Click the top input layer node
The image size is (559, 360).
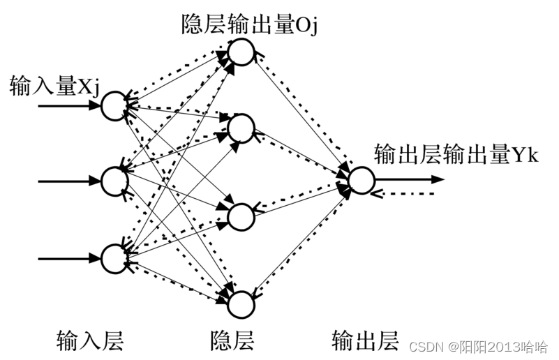click(114, 105)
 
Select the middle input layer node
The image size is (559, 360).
click(114, 181)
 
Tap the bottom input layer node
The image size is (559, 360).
click(114, 257)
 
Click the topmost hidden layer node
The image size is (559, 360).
click(241, 52)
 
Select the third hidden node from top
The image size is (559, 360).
click(241, 216)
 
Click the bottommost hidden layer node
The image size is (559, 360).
click(241, 303)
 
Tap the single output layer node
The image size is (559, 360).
click(362, 179)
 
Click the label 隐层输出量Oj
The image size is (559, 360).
click(250, 26)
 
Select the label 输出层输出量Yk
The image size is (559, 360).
click(456, 153)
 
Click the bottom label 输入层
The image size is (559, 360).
click(90, 340)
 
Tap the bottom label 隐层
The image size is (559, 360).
click(232, 340)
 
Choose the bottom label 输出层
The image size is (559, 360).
click(365, 340)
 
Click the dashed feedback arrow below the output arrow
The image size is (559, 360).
click(405, 193)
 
